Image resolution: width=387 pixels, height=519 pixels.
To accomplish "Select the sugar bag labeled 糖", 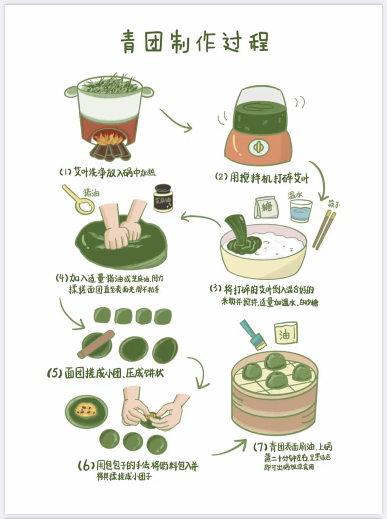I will tap(266, 208).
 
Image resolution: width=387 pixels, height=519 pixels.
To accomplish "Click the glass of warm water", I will tap(301, 211).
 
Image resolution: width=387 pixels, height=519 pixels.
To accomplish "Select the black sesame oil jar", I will tap(163, 198).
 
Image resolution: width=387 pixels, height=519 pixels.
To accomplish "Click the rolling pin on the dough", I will tap(96, 345).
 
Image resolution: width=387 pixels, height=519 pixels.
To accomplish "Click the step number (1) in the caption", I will tap(65, 172).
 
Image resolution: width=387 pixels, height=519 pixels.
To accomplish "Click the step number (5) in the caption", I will tap(54, 373).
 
